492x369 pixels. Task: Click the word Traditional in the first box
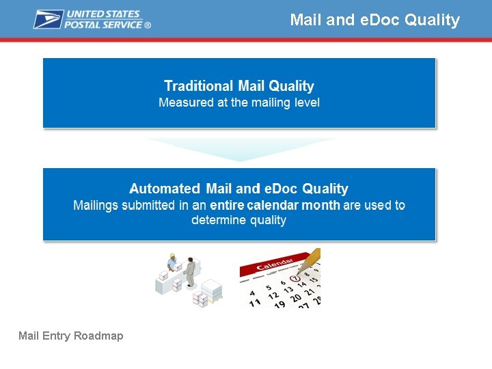point(198,86)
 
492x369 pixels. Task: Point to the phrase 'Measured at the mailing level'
point(239,103)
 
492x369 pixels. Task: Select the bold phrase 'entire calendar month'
point(275,205)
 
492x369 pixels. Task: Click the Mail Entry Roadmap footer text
point(71,336)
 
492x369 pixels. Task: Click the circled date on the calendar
point(295,278)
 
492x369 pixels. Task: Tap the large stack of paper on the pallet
point(211,290)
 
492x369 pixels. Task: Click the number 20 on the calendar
point(297,299)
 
